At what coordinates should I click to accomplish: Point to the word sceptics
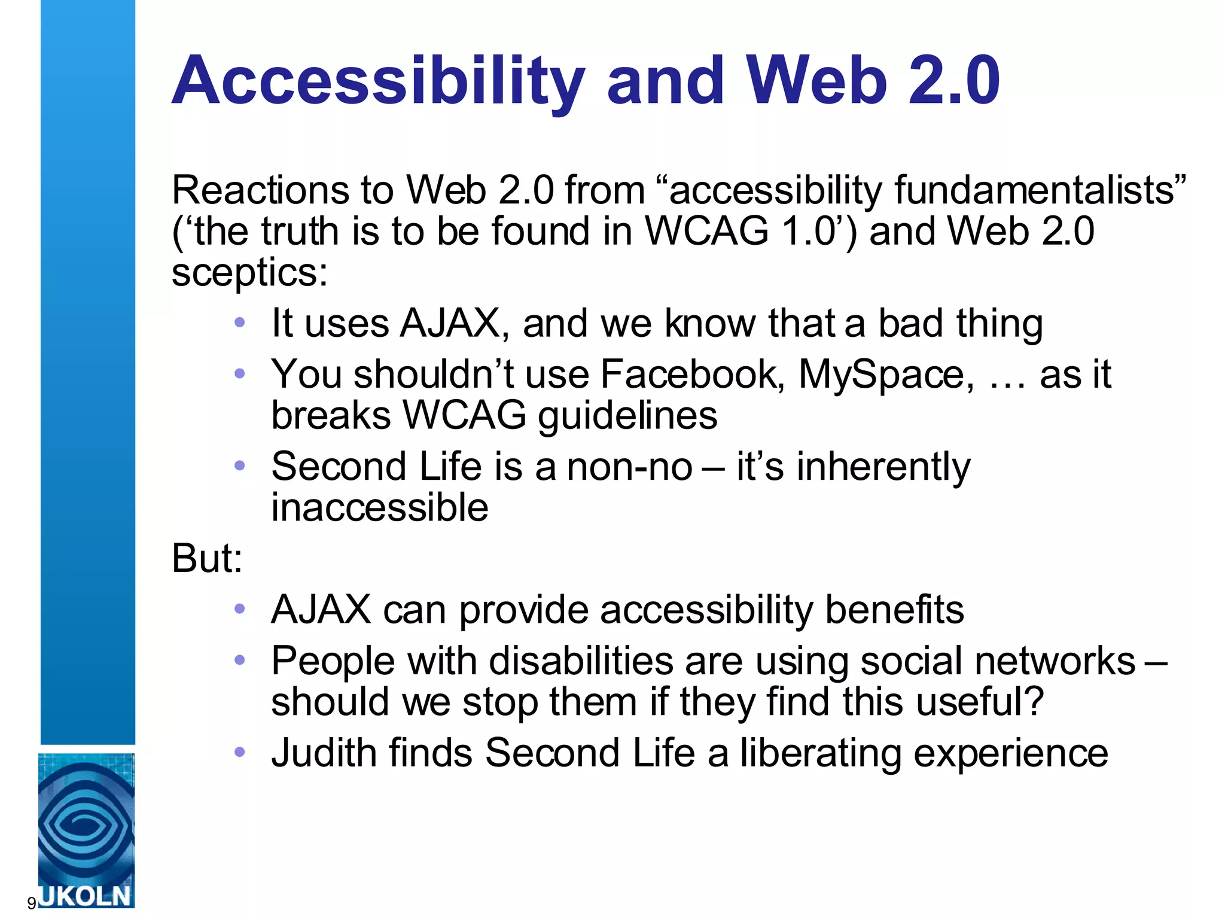[x=249, y=272]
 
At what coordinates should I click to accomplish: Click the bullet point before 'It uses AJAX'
[x=240, y=323]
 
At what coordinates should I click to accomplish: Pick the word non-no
[x=629, y=467]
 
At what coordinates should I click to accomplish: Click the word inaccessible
[x=379, y=508]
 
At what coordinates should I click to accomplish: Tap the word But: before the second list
[x=207, y=558]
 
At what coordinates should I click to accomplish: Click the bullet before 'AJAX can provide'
[x=240, y=609]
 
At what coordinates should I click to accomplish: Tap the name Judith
[x=323, y=753]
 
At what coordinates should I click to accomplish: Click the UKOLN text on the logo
[x=86, y=896]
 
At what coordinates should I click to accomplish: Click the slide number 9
[x=31, y=903]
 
